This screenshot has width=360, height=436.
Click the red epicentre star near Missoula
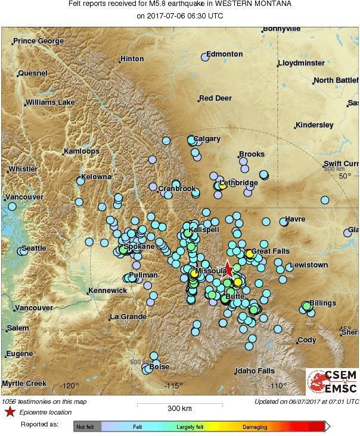point(228,269)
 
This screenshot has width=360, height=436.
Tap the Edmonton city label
point(224,54)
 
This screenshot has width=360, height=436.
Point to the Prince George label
point(38,41)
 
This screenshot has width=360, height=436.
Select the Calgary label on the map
point(207,139)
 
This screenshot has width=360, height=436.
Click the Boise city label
point(159,367)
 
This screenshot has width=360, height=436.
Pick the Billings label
point(322,303)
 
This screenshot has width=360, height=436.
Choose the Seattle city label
point(33,248)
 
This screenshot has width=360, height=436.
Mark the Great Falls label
point(270,251)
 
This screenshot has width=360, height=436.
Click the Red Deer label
point(215,98)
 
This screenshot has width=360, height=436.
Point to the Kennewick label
point(107,291)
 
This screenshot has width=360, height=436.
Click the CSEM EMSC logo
point(332,382)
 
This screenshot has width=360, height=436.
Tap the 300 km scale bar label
point(179,409)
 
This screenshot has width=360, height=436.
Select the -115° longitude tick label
point(173,385)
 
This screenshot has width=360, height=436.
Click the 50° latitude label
point(345,176)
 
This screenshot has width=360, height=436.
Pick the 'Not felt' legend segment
point(87,426)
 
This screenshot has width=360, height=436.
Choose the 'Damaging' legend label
point(255,426)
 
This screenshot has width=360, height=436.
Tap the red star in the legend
point(10,412)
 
